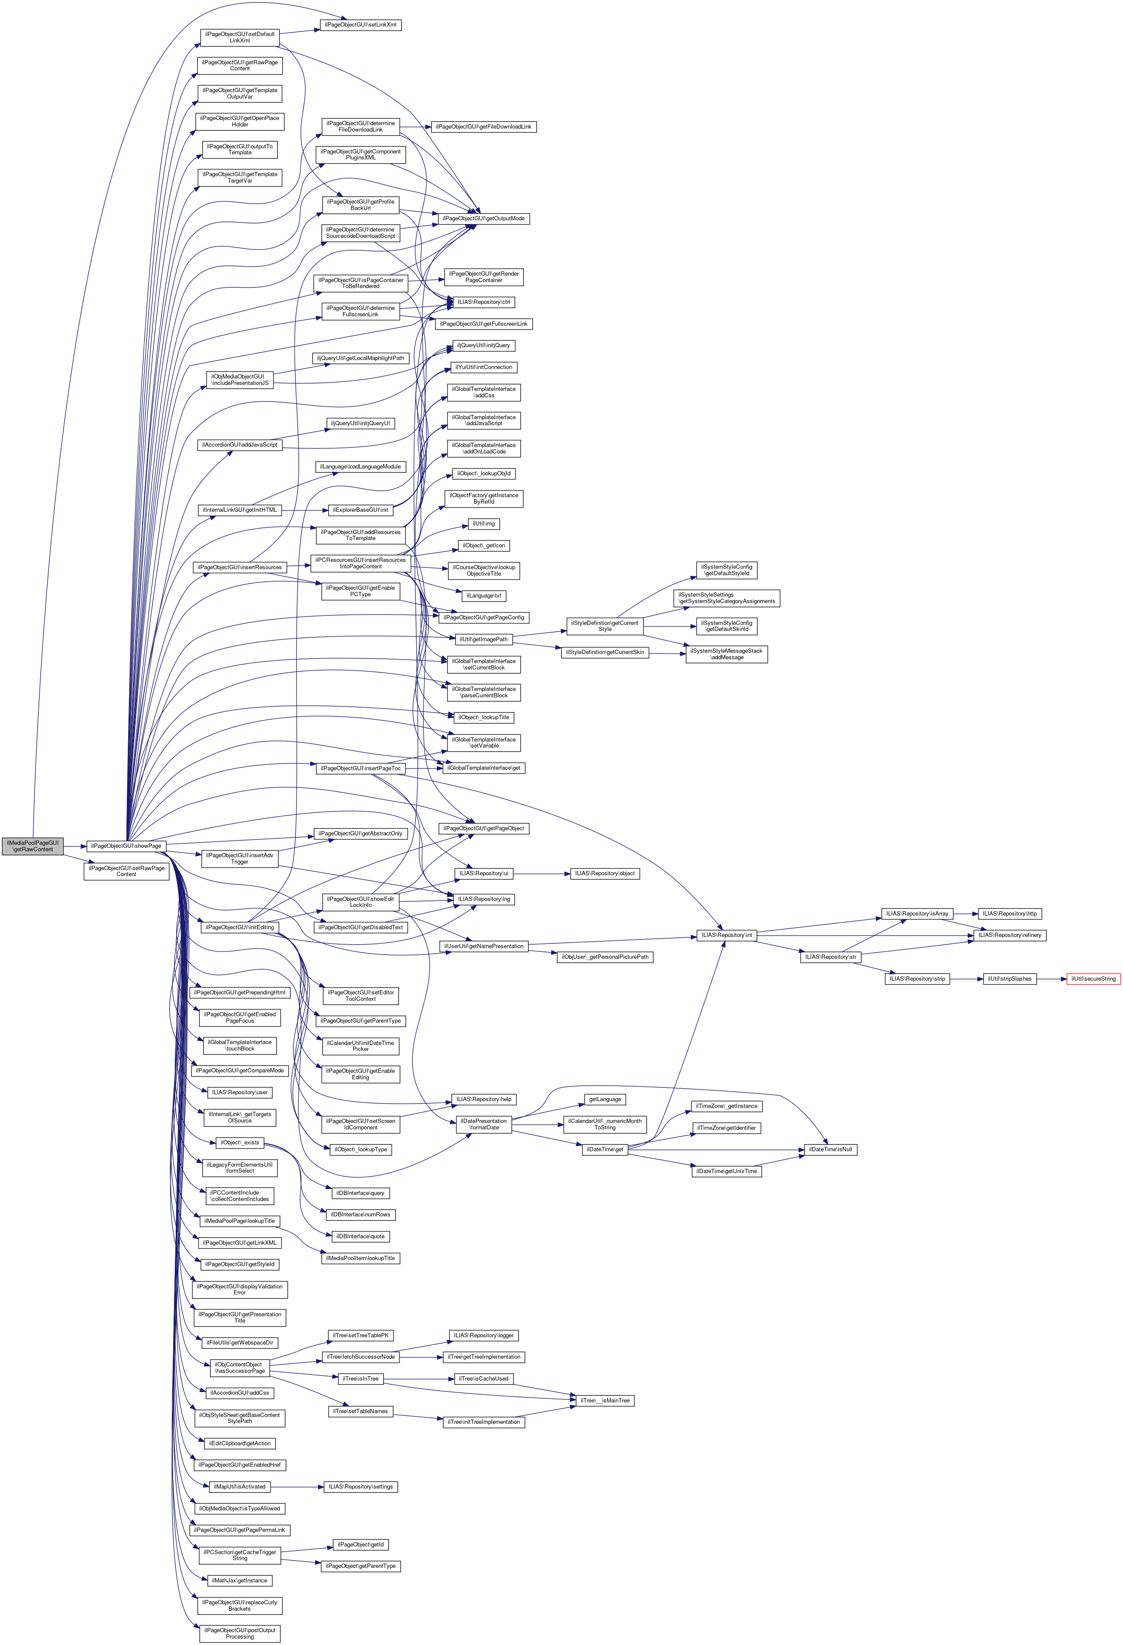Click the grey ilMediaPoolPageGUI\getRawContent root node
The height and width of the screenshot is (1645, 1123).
pyautogui.click(x=33, y=846)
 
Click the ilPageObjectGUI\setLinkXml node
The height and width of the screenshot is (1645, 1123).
pyautogui.click(x=360, y=25)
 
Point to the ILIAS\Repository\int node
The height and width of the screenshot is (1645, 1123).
pyautogui.click(x=727, y=935)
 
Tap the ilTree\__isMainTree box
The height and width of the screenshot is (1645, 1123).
pyautogui.click(x=605, y=1400)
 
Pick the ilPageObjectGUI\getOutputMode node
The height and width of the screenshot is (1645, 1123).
pyautogui.click(x=483, y=219)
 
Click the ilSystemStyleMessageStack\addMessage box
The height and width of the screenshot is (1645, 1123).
pyautogui.click(x=727, y=654)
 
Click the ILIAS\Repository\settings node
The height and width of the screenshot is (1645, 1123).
pyautogui.click(x=360, y=1486)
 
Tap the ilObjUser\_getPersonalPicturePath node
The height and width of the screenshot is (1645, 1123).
pyautogui.click(x=605, y=957)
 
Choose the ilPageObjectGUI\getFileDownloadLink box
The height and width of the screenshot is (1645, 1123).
pyautogui.click(x=483, y=127)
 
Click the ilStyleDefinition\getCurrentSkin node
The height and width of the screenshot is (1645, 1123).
pyautogui.click(x=605, y=652)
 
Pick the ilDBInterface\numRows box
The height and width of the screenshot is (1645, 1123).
pyautogui.click(x=360, y=1215)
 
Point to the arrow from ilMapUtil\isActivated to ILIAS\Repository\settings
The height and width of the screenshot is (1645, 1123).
pyautogui.click(x=296, y=1486)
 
